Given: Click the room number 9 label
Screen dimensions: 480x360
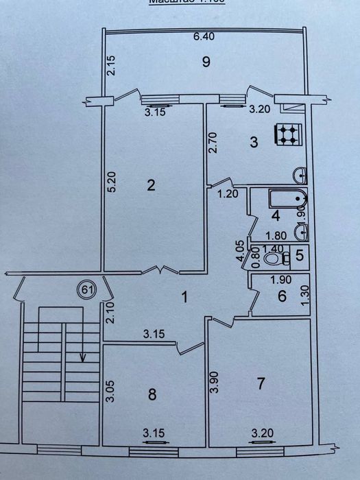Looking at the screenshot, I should (205, 62).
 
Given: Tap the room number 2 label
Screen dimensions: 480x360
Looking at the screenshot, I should (151, 184).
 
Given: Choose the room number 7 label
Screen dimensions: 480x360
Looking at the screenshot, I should (260, 383).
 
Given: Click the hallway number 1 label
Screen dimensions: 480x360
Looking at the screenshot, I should (183, 297).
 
